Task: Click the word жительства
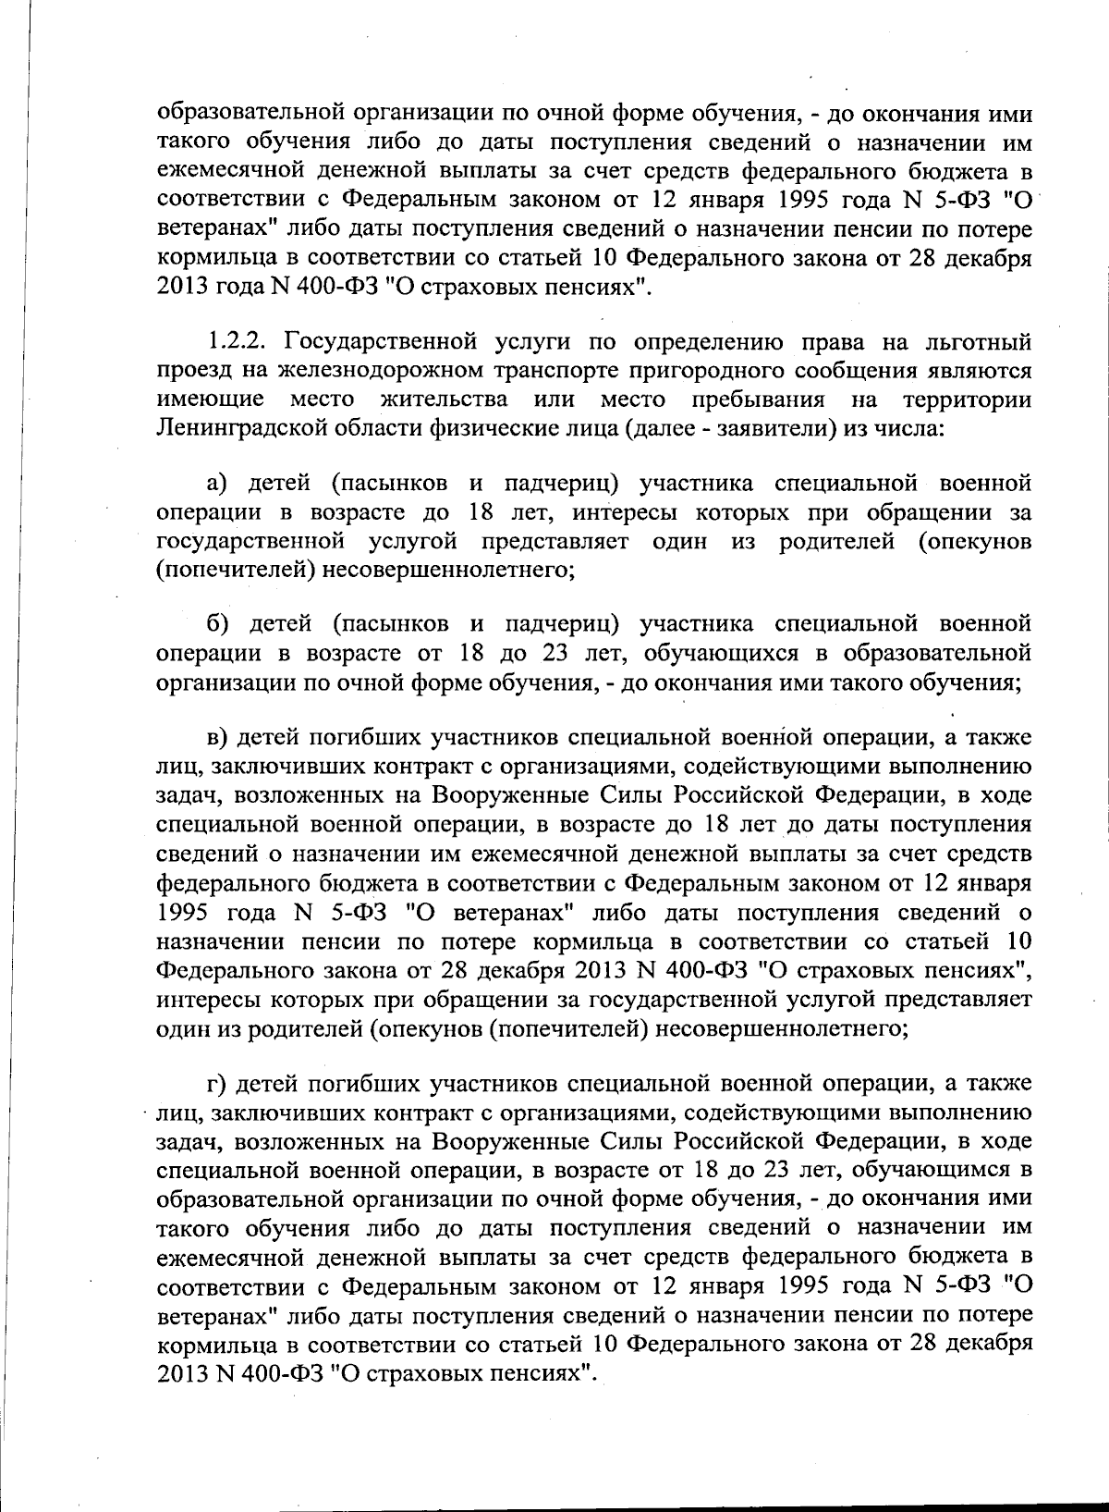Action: pos(444,400)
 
